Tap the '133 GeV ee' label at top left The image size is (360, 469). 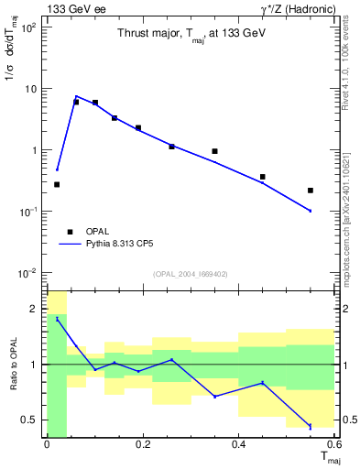72,9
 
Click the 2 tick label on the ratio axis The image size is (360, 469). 36,309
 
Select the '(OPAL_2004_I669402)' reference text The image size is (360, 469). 190,273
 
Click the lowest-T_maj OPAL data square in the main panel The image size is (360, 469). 57,184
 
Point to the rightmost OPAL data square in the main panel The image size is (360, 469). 311,191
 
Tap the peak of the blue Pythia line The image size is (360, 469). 76,95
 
